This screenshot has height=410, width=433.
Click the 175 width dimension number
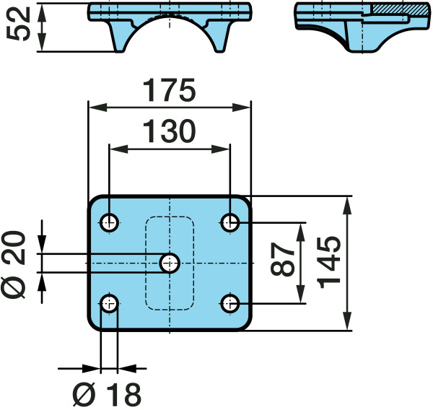(169, 90)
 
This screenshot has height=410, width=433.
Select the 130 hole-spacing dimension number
(169, 131)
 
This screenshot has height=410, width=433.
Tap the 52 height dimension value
(18, 24)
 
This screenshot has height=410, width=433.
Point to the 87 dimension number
(282, 259)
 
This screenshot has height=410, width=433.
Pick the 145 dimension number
(329, 263)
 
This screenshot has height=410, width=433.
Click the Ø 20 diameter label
(14, 265)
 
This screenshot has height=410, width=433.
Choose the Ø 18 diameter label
(107, 395)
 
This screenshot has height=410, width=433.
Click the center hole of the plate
(170, 263)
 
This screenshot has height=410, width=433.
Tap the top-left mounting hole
(109, 222)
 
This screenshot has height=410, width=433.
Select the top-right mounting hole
(230, 222)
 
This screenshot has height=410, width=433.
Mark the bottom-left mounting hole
(109, 304)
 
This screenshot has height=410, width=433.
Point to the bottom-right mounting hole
(230, 304)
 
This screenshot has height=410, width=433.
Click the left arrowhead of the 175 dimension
(97, 108)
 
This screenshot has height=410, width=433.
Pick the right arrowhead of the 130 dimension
(220, 149)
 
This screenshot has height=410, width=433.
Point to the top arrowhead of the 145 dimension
(347, 206)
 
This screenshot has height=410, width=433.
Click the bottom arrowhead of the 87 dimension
(301, 295)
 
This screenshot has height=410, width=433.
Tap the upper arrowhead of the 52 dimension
(41, 13)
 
